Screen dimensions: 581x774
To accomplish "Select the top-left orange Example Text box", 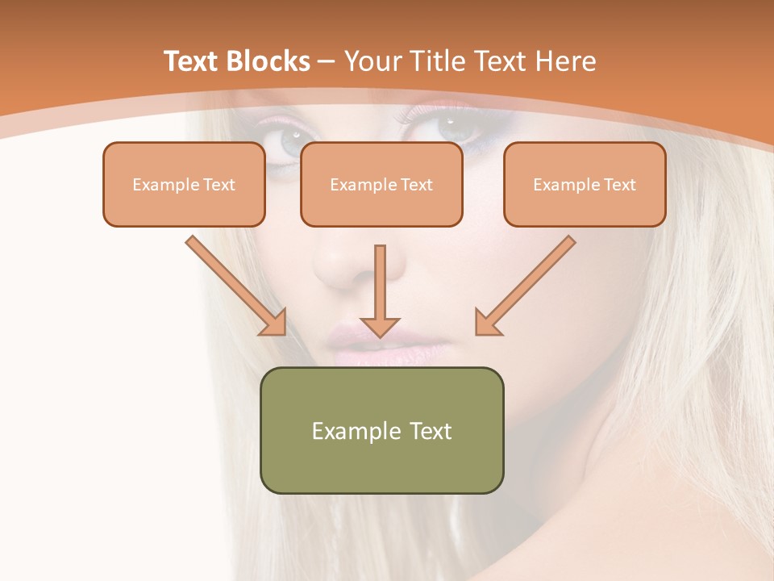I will click(x=184, y=184).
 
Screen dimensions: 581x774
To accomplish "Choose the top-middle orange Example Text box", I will click(x=381, y=184).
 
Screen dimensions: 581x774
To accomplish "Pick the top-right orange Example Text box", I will click(x=585, y=184).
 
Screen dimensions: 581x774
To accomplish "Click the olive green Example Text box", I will click(x=381, y=430).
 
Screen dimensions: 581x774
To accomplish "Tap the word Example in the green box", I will click(x=355, y=431).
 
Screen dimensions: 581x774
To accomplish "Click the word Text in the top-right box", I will click(x=619, y=185).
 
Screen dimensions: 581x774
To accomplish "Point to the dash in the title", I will click(x=327, y=62).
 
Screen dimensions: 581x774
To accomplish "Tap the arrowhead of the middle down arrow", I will click(x=380, y=326).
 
